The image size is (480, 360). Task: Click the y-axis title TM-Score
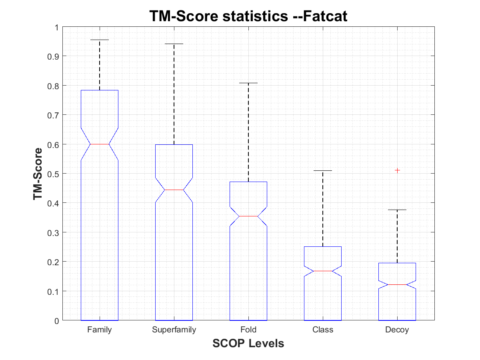38,174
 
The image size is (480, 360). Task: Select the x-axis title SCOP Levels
248,343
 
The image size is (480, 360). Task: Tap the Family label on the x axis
99,330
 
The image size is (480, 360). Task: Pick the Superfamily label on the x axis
174,330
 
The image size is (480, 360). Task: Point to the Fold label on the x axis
248,330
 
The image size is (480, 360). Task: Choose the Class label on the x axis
323,330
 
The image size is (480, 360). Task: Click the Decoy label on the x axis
397,330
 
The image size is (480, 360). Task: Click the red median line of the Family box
99,144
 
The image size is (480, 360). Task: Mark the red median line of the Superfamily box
174,190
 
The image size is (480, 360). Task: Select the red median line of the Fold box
248,216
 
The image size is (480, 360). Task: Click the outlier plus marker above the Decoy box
397,170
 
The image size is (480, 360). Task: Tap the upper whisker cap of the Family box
99,40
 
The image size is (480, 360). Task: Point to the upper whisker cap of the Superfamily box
174,44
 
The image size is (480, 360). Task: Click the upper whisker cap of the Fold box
248,83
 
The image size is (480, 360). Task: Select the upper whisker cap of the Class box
323,170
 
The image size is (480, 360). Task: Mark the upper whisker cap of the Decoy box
397,210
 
